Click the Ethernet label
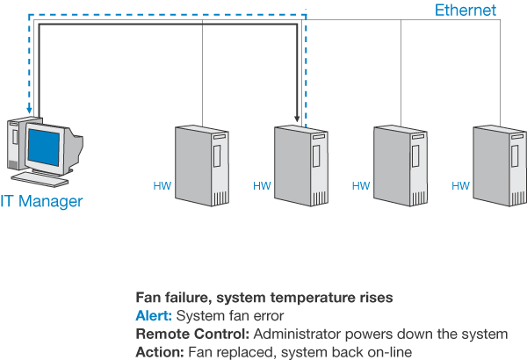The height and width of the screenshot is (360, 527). [466, 11]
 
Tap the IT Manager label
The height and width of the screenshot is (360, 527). [41, 202]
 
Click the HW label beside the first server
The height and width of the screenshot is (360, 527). [162, 186]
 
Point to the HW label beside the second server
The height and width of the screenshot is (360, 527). [262, 186]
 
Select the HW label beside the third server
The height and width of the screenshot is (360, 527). [361, 186]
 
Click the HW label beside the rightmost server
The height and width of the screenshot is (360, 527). [460, 186]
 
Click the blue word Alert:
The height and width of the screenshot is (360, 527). [155, 315]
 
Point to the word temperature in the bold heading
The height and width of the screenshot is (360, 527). [292, 297]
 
